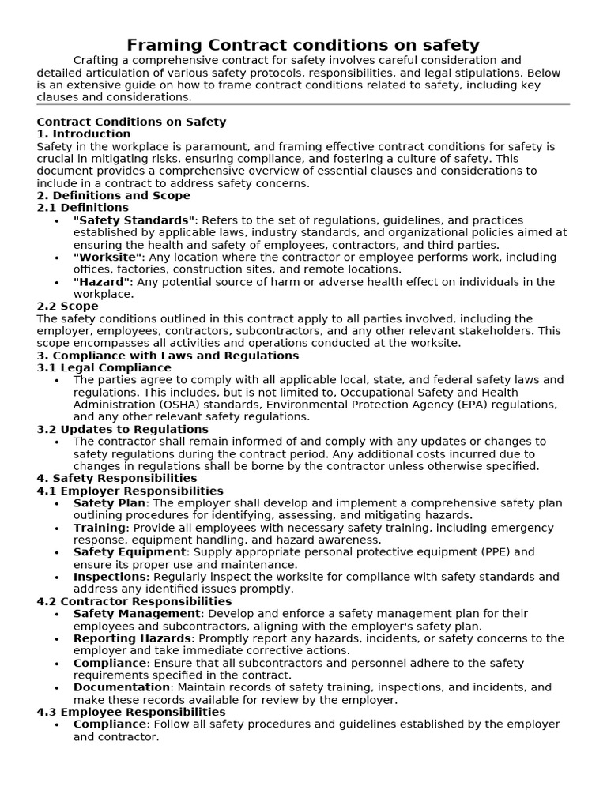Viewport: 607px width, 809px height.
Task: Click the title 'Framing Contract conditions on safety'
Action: click(303, 45)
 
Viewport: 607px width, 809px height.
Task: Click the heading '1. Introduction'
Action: click(84, 134)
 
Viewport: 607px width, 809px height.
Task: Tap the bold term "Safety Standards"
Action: click(134, 220)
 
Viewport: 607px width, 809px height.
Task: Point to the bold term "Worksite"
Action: click(108, 258)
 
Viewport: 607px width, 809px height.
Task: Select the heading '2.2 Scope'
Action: click(68, 307)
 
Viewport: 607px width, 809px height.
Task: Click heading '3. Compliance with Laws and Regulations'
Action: click(156, 356)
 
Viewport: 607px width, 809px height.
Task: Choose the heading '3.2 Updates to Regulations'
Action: click(111, 429)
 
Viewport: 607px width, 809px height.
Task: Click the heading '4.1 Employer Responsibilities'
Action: click(130, 491)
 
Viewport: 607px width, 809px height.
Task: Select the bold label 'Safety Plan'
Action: click(110, 503)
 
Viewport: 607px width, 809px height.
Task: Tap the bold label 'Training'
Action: click(100, 528)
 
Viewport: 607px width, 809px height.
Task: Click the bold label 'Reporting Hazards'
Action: click(133, 638)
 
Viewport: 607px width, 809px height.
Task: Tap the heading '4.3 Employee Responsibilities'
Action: click(131, 712)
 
